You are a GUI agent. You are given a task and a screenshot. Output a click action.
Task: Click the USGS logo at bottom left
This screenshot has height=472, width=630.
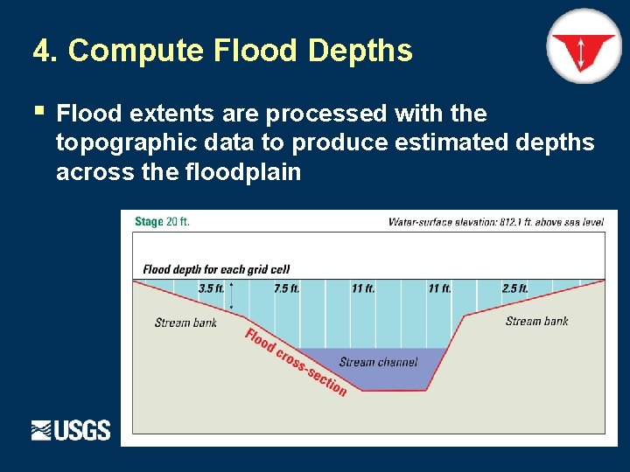[71, 430]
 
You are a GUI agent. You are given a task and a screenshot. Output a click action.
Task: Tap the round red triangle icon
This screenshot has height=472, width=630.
[583, 46]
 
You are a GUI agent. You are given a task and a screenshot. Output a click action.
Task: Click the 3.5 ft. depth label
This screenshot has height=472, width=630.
[211, 288]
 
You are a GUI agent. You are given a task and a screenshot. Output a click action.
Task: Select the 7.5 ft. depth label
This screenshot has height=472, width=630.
[286, 288]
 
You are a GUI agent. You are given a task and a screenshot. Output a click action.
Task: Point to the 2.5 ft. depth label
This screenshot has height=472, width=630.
[514, 288]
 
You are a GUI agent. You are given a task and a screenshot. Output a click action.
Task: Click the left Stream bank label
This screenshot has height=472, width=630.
[185, 323]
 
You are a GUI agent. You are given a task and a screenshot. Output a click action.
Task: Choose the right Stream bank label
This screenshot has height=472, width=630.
[536, 321]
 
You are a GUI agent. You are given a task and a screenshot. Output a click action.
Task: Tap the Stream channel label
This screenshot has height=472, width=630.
[378, 362]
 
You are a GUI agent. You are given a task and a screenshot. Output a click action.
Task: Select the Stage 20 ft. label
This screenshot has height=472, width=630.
[162, 222]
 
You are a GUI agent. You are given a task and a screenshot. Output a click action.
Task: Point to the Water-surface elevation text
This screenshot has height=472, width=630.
[495, 222]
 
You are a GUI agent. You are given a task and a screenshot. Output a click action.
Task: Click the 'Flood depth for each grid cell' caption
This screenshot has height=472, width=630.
[216, 269]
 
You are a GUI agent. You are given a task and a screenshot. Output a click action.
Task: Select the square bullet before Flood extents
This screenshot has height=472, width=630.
[38, 111]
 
